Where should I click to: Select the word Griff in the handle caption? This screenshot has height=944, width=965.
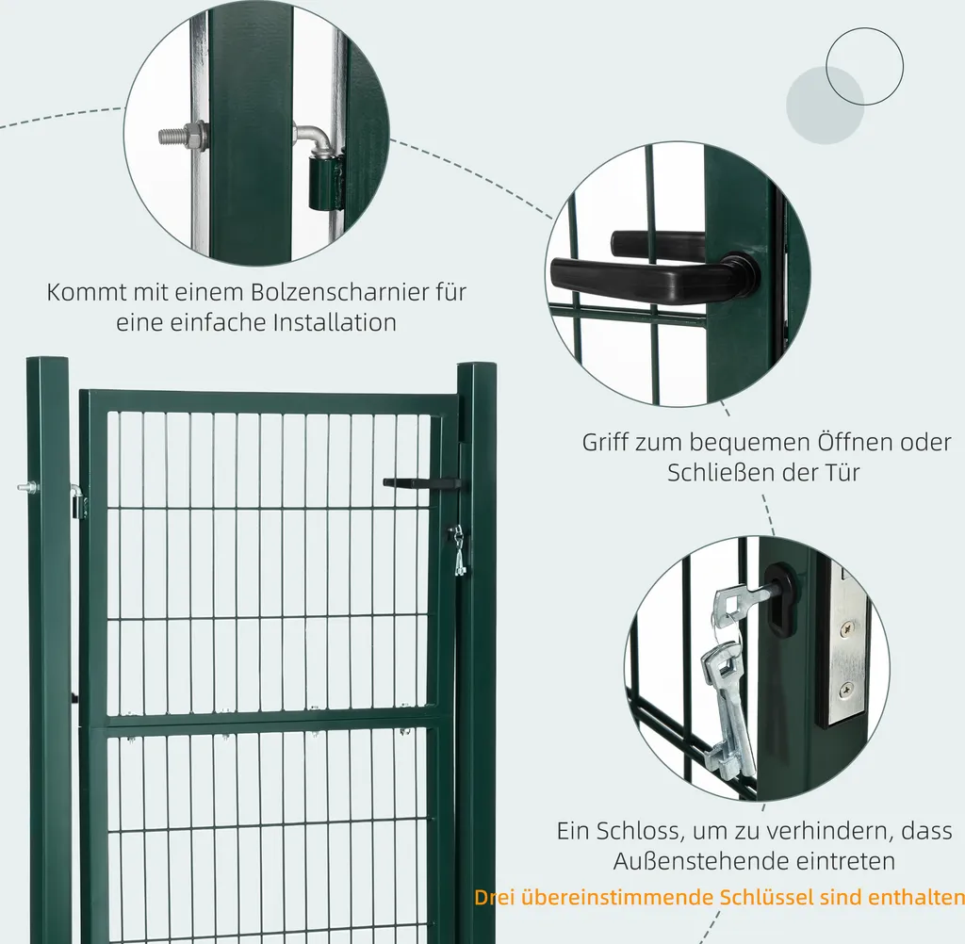(x=604, y=443)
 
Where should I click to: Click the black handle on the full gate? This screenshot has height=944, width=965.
(x=421, y=483)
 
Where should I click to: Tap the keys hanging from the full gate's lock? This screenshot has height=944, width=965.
(x=458, y=549)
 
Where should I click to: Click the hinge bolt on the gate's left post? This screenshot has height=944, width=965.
(x=27, y=488)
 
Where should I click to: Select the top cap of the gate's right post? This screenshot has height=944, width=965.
(x=476, y=367)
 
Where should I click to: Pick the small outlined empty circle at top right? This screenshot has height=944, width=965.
(x=864, y=66)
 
